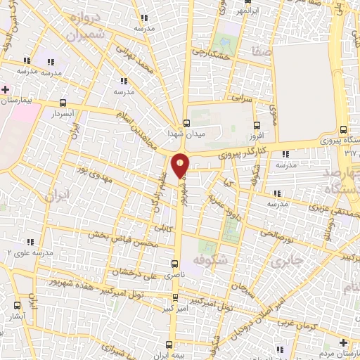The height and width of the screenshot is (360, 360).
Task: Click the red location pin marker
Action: pyautogui.click(x=181, y=166)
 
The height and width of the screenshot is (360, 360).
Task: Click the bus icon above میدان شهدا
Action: pyautogui.click(x=186, y=121)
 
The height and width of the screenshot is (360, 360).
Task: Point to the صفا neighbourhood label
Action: pyautogui.click(x=255, y=51)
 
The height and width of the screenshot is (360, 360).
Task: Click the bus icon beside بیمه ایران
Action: pyautogui.click(x=169, y=345)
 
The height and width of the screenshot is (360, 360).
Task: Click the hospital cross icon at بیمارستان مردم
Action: pyautogui.click(x=342, y=342)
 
